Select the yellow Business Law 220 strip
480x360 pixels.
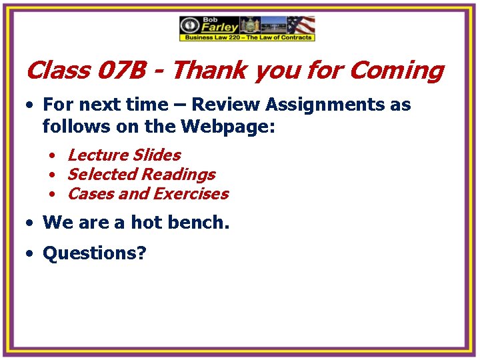pos(247,38)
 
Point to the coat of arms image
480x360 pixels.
pos(250,25)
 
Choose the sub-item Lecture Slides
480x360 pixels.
pos(124,155)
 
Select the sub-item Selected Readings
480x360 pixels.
pos(141,174)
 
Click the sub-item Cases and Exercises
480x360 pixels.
pos(148,194)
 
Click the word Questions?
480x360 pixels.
pos(94,253)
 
